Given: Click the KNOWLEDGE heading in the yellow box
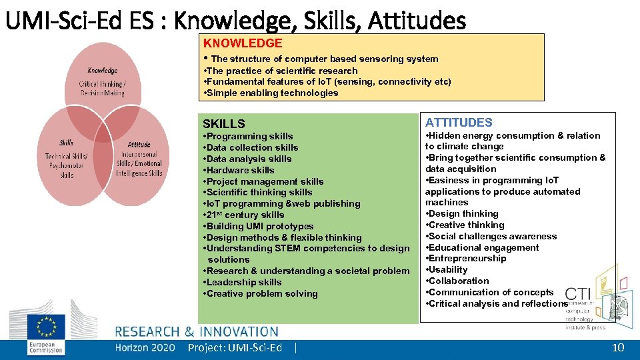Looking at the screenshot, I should (243, 43).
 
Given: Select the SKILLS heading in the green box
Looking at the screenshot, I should (224, 124).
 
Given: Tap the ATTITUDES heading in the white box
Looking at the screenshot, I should (459, 123).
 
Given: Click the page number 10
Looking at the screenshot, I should (618, 347).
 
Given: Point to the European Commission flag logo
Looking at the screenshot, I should (47, 327).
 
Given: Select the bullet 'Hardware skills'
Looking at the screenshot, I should (240, 170).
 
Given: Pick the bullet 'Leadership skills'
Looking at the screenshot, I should (244, 282).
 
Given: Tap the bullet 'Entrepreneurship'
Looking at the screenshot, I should (468, 259).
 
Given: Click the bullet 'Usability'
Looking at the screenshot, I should (449, 270).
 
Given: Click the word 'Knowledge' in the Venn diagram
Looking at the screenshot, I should (102, 71).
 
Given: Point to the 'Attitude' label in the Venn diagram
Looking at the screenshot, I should (139, 144).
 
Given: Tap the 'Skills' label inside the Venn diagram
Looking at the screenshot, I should (67, 142).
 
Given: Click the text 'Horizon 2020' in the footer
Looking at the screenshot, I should (145, 347).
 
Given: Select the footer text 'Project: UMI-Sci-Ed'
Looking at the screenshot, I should (235, 347).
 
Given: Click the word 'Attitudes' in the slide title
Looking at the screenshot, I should (424, 21).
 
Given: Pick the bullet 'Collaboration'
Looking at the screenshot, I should (459, 281).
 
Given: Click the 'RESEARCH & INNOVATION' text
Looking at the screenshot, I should (197, 331).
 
